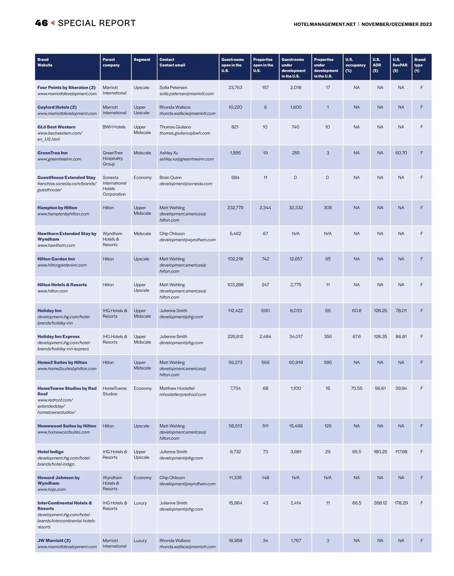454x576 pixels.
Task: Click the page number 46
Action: (41, 23)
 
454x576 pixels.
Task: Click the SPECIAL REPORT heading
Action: (96, 23)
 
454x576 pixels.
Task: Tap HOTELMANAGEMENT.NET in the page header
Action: (325, 24)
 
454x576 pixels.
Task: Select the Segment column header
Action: (142, 60)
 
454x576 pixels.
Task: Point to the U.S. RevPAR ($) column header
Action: (400, 65)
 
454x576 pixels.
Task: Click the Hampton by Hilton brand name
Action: (57, 208)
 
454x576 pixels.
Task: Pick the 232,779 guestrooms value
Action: (235, 208)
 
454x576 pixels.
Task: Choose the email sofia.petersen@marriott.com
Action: (187, 94)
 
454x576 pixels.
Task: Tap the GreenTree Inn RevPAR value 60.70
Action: (401, 153)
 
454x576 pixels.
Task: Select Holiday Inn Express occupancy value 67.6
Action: (356, 336)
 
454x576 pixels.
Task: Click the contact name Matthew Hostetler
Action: (177, 388)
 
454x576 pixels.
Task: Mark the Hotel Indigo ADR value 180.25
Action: (380, 452)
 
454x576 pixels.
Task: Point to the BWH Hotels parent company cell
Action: (114, 127)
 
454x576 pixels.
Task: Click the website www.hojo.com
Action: (51, 489)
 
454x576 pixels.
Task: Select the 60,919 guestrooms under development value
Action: (295, 363)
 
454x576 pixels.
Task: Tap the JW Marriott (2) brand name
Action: (54, 540)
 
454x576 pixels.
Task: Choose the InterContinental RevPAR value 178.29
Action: (401, 503)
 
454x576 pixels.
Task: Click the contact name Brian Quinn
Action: (170, 177)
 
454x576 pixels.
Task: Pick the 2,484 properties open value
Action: (265, 336)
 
